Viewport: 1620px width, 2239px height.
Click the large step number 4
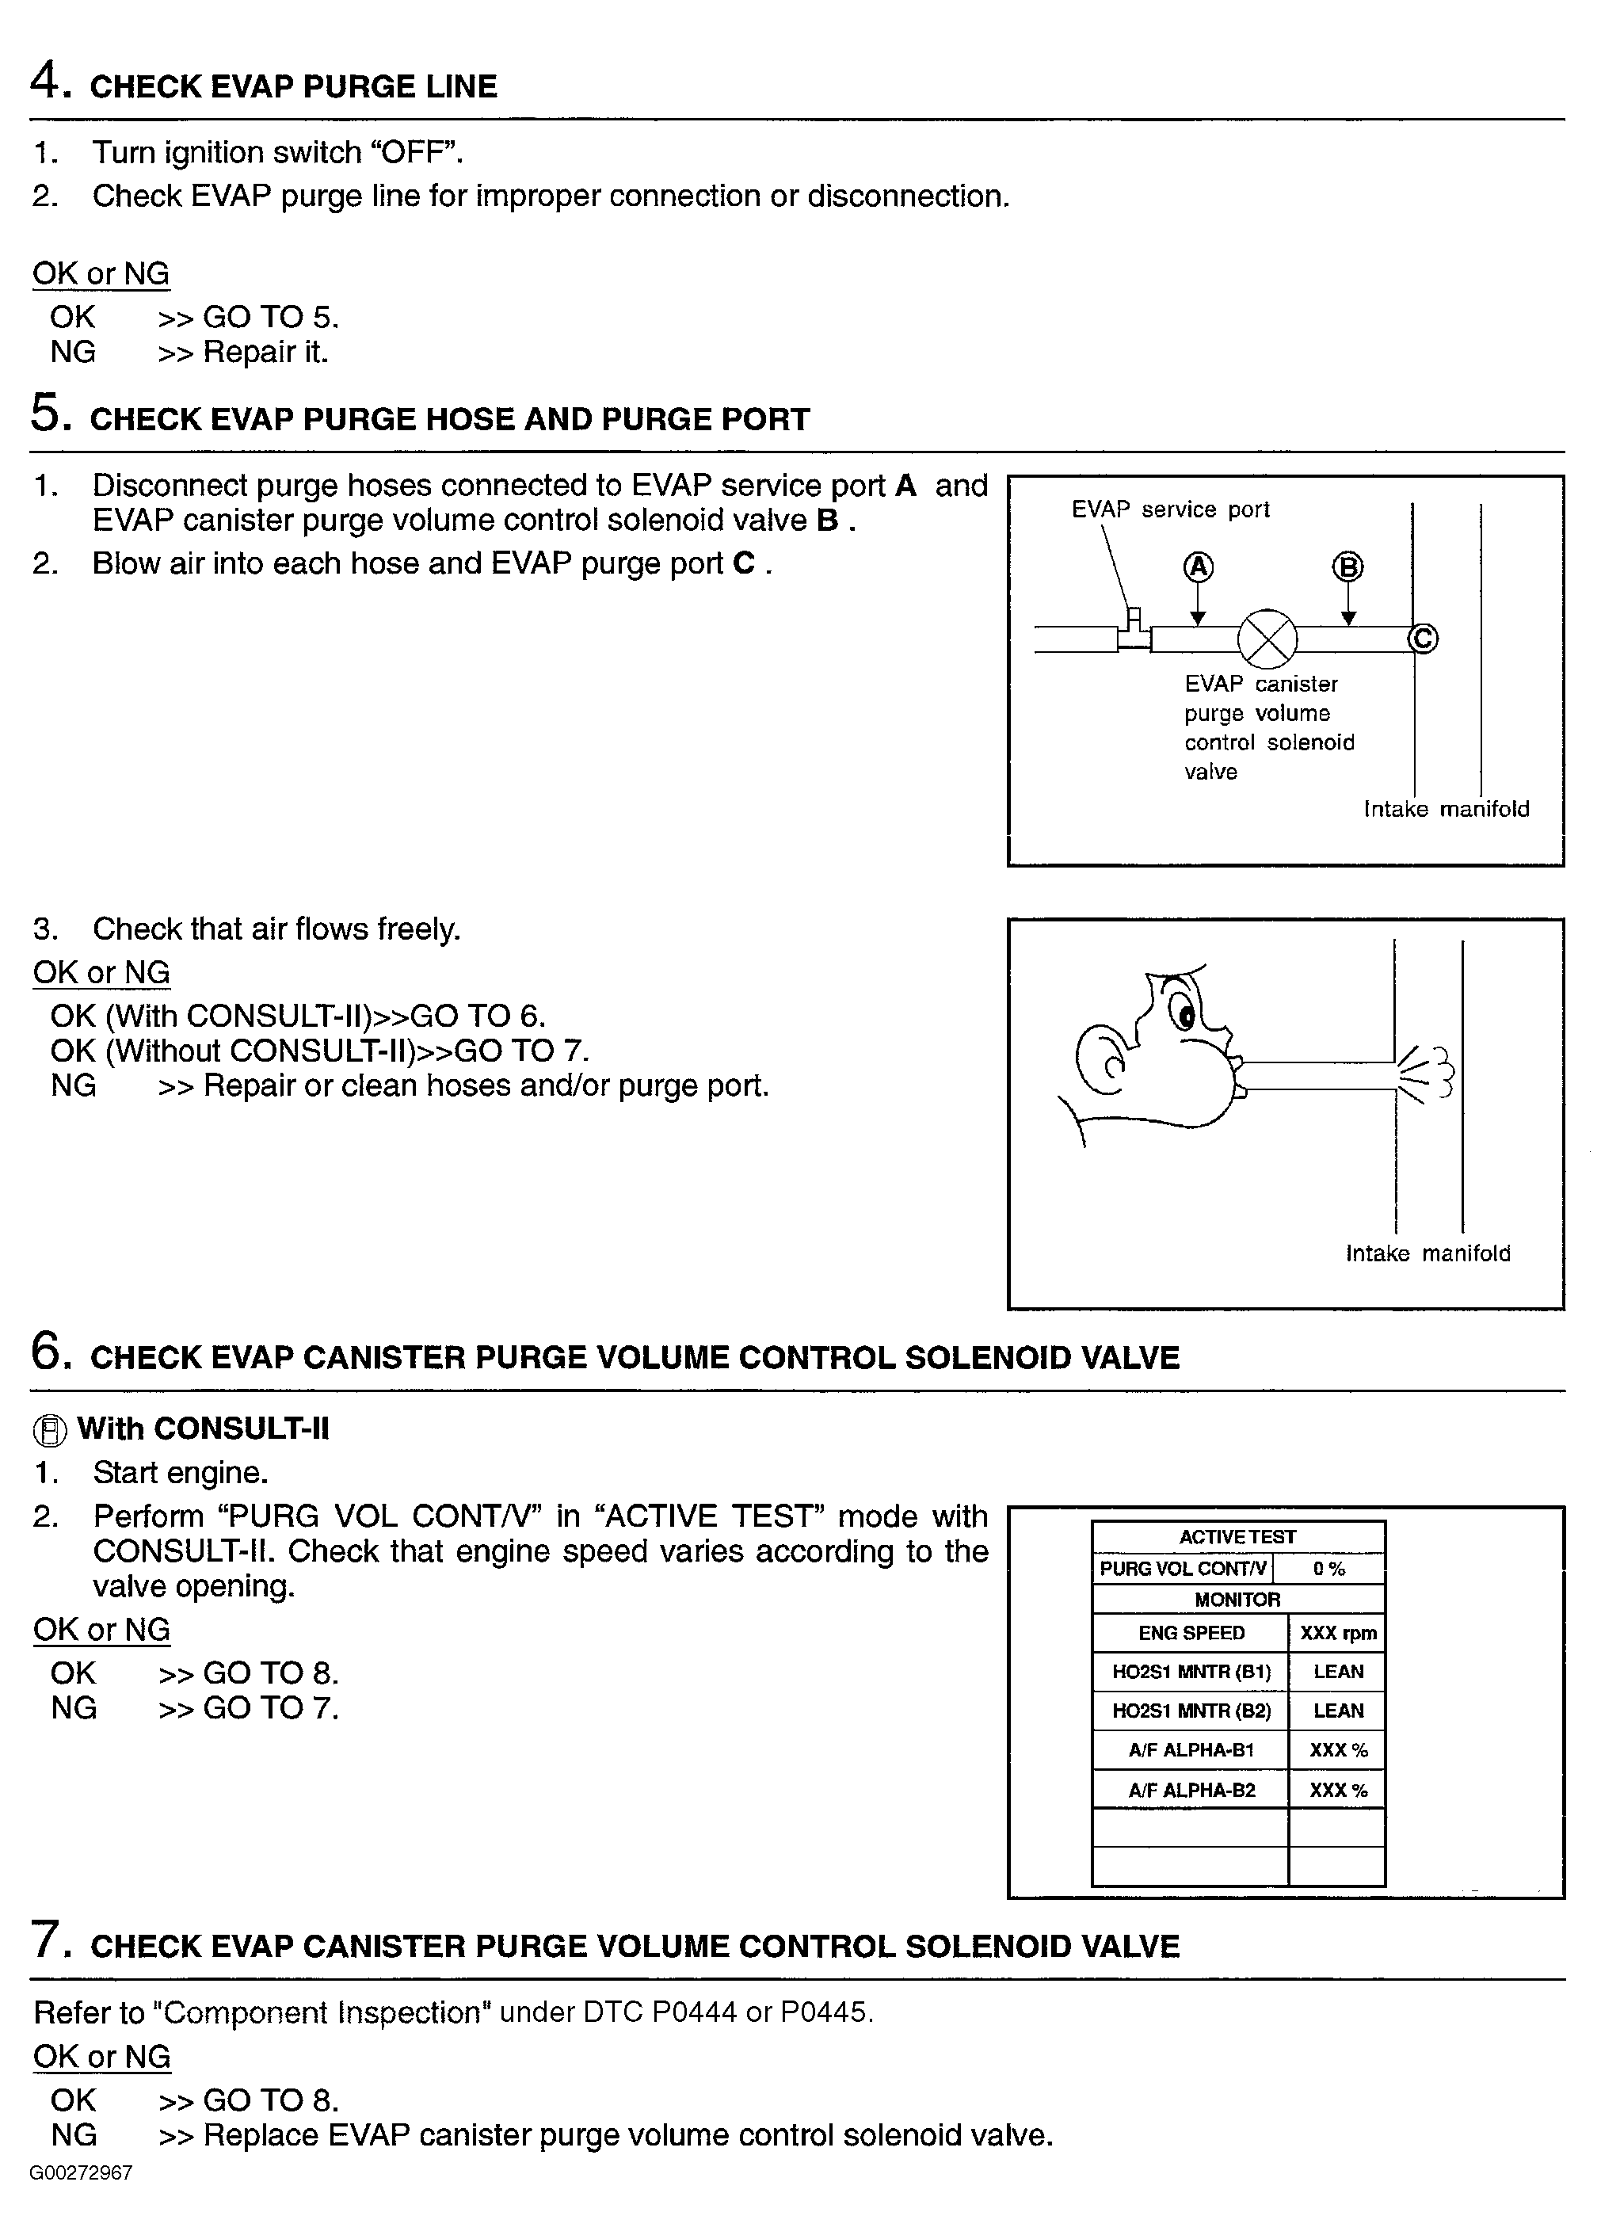point(47,80)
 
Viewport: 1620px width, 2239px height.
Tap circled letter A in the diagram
point(1198,567)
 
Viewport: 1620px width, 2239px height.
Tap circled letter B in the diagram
point(1347,567)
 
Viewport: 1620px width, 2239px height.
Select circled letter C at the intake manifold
point(1423,639)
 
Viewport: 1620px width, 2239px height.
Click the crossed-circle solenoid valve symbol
point(1267,639)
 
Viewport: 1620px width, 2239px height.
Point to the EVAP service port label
point(1170,509)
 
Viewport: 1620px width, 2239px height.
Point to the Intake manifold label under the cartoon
point(1428,1253)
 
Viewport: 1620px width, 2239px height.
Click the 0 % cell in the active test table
point(1328,1569)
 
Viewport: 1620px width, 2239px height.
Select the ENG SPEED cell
point(1191,1633)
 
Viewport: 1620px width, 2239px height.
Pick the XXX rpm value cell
point(1338,1633)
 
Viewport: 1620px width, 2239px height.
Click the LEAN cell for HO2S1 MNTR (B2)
point(1338,1711)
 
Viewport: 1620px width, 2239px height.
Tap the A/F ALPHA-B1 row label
point(1191,1750)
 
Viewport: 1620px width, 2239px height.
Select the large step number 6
point(48,1351)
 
